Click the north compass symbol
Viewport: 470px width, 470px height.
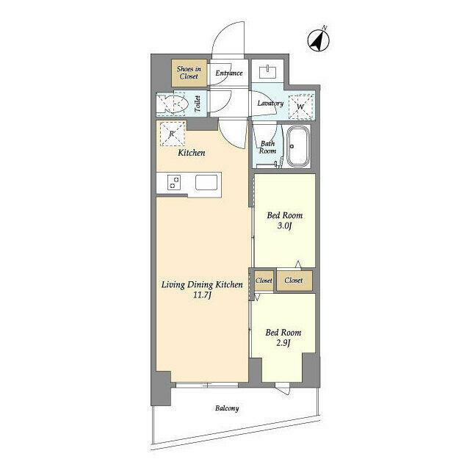(x=319, y=40)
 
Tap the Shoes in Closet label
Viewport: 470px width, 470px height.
(x=189, y=73)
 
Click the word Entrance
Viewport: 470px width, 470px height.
(x=229, y=73)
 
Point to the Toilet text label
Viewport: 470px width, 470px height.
(x=198, y=104)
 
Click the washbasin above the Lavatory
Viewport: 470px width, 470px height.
(x=267, y=71)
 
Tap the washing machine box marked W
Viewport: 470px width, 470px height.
(x=300, y=106)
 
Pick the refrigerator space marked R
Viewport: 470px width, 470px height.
(x=173, y=134)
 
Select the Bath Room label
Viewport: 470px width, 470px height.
(x=267, y=147)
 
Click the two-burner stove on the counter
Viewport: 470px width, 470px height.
(x=174, y=182)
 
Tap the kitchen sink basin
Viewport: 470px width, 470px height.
(x=206, y=182)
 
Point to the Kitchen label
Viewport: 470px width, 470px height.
(x=192, y=153)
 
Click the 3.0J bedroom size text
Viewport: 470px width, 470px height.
(x=284, y=225)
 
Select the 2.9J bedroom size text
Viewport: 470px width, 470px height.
(x=283, y=343)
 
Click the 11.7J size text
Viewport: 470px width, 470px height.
(x=203, y=295)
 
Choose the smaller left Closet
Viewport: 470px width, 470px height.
(x=264, y=281)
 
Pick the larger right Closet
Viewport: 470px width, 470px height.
(x=294, y=281)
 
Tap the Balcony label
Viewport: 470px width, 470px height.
(x=227, y=408)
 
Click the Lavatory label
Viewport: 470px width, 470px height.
(x=270, y=103)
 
